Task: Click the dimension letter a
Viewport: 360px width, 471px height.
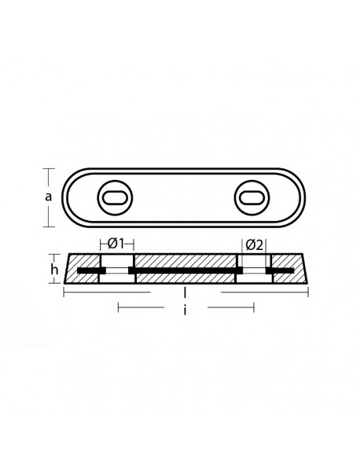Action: click(x=48, y=197)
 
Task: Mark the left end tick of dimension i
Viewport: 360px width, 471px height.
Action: click(x=117, y=307)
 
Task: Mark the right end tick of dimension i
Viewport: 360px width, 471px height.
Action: click(x=254, y=307)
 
